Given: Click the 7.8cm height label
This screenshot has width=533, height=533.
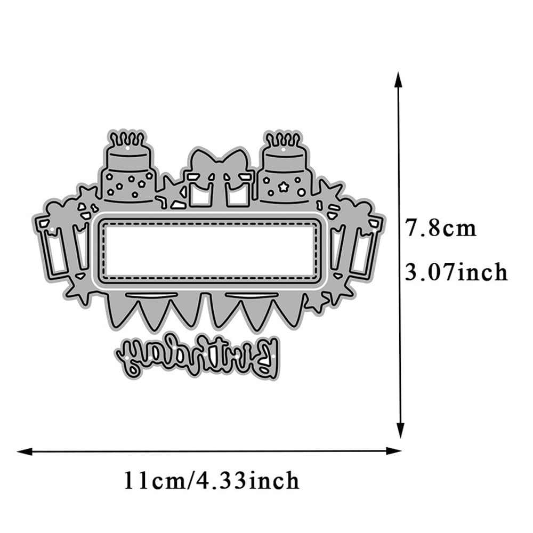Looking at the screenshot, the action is point(441,228).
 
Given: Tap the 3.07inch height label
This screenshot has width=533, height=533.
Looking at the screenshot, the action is point(456,272).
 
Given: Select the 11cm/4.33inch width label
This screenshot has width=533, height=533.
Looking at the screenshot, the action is point(211,480).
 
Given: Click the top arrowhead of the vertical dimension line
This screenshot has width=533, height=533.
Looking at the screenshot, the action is point(398,80).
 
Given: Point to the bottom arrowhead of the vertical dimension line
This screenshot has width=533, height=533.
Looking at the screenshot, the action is point(401,430).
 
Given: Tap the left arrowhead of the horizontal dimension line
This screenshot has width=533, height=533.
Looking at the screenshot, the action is point(25,451).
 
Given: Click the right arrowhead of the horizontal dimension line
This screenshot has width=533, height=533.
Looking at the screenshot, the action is point(394,451).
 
